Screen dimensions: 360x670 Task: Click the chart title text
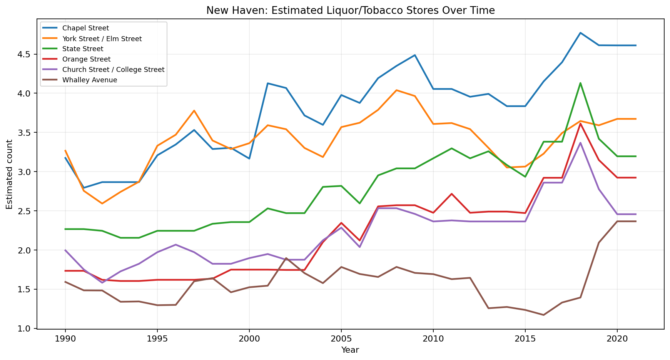350,10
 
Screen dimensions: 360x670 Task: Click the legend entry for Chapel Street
85,28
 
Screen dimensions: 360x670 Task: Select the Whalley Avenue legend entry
89,80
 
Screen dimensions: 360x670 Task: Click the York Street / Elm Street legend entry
102,38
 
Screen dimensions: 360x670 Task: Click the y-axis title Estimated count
10,174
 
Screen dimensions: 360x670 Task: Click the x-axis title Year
350,350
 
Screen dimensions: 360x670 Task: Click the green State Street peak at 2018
580,83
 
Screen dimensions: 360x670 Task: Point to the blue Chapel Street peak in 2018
580,33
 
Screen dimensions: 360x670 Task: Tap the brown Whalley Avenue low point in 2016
543,315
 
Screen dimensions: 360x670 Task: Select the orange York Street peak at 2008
396,90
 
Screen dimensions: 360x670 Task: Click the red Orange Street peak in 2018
580,123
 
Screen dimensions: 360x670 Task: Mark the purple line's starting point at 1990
65,250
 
